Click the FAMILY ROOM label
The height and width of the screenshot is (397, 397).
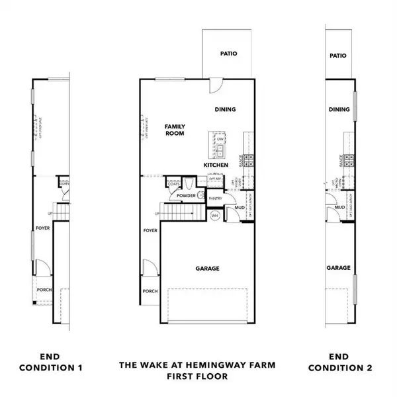(x=175, y=130)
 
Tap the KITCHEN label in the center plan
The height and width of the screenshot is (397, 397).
(x=216, y=165)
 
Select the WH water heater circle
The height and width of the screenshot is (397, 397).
(x=215, y=216)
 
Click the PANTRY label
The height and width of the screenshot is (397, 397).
(x=215, y=198)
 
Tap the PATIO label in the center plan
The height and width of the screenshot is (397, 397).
(x=228, y=54)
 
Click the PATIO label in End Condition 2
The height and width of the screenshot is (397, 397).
(x=338, y=57)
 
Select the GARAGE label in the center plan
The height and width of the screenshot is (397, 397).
(x=207, y=268)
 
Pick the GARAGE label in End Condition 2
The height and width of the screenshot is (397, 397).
(x=338, y=268)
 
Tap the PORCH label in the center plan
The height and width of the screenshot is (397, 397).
(x=150, y=291)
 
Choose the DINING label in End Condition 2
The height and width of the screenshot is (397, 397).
(x=339, y=110)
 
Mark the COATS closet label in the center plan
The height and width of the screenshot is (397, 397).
(x=173, y=183)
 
